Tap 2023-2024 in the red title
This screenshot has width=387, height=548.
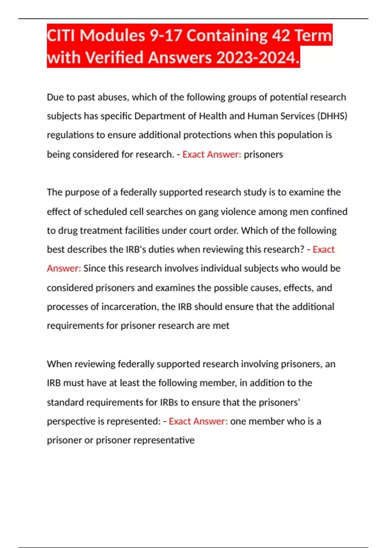pos(258,58)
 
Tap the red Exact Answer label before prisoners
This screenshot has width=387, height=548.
pos(212,154)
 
